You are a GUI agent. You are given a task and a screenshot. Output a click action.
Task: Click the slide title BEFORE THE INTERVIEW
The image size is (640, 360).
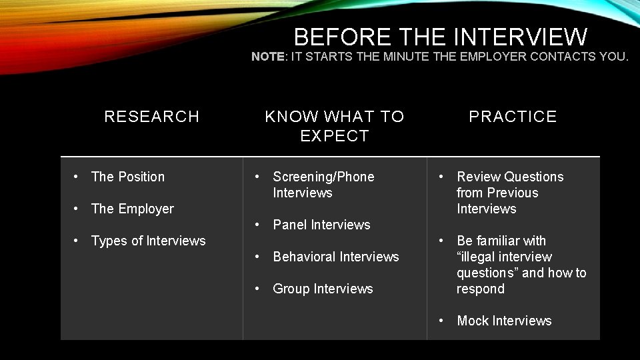440,36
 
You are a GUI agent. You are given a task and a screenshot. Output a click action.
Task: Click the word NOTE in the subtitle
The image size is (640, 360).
268,57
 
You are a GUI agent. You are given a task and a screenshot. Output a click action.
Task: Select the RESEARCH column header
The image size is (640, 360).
152,117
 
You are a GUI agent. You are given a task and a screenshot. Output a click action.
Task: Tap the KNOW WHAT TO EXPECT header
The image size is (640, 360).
334,126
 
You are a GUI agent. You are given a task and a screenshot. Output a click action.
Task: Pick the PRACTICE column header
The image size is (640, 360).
513,117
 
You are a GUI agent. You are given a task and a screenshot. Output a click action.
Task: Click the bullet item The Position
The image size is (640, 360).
127,177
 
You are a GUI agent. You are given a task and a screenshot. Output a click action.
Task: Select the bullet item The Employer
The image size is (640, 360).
132,209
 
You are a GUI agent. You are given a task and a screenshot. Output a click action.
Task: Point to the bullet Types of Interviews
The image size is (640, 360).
148,241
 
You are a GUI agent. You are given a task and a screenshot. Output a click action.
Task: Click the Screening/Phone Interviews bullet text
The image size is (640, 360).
323,185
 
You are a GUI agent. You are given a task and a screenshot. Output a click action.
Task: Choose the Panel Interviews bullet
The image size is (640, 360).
321,225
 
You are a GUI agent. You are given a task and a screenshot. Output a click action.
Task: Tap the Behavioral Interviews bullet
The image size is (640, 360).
335,257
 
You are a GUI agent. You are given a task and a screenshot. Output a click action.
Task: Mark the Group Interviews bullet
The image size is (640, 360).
323,289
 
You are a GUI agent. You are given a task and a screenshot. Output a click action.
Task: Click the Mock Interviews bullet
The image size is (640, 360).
504,321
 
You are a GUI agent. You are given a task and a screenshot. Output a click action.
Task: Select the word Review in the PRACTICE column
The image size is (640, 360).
479,177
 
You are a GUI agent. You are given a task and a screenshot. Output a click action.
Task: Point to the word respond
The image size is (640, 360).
480,289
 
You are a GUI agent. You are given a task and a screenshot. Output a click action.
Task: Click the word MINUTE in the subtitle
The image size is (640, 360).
406,57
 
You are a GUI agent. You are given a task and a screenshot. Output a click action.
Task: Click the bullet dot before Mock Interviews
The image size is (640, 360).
441,321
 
